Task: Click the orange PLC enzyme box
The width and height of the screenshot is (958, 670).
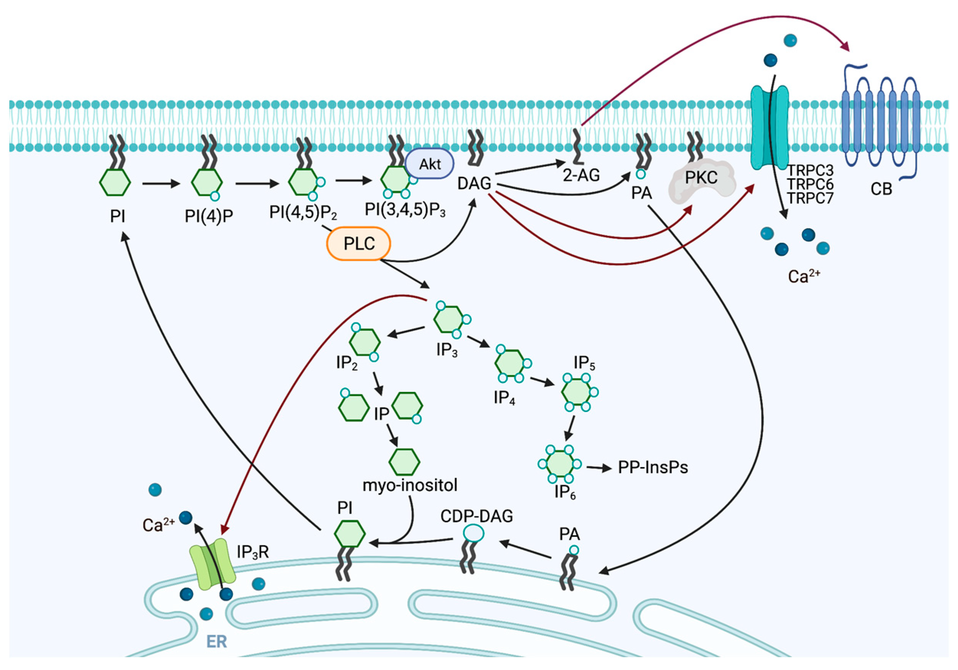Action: click(x=358, y=243)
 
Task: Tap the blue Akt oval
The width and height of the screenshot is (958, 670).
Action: click(x=429, y=164)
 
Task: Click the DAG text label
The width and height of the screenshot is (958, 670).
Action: click(x=474, y=183)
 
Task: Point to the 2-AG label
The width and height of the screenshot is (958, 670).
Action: click(x=581, y=175)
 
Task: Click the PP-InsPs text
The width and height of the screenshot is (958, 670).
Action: click(x=653, y=467)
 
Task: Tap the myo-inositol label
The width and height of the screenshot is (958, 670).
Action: click(x=410, y=485)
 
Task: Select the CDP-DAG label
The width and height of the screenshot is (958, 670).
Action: click(x=476, y=516)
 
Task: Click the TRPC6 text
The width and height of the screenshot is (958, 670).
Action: click(x=810, y=185)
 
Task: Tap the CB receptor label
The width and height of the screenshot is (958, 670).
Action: click(x=881, y=190)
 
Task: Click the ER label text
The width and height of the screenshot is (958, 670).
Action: click(x=217, y=642)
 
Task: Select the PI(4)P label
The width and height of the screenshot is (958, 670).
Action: click(x=209, y=216)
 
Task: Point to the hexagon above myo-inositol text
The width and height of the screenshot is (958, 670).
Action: click(x=404, y=462)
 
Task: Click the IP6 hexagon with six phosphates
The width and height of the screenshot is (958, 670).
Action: click(x=559, y=464)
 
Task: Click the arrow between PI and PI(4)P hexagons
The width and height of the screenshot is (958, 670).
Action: click(x=161, y=183)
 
